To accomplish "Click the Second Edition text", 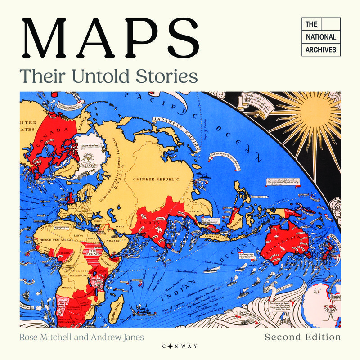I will click(302, 337).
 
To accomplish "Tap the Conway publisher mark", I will click(180, 346).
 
